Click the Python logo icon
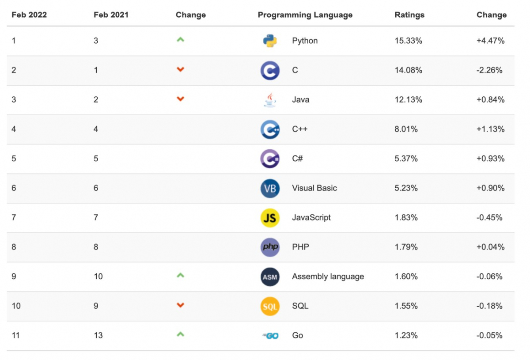270,41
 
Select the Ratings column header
409,15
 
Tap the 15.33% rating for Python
408,41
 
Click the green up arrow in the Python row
180,40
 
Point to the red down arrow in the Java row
180,99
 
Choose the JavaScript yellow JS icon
270,218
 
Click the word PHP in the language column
300,247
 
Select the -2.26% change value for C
489,70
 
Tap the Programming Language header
305,15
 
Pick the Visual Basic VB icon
270,188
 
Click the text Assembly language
328,277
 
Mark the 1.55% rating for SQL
406,306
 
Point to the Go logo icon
270,336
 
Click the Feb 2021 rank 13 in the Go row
98,336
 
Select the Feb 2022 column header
29,15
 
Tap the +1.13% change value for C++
490,129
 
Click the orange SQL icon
270,306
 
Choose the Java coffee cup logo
270,100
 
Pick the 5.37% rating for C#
406,159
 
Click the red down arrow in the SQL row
180,305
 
